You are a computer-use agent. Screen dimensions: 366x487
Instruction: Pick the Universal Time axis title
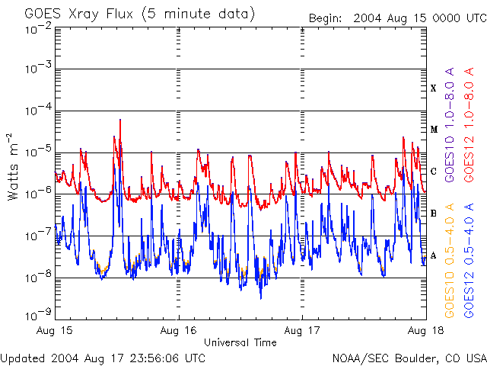pyautogui.click(x=240, y=343)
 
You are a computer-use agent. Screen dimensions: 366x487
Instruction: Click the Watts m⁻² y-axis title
pyautogui.click(x=13, y=167)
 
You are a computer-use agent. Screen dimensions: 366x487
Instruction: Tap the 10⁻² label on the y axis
pyautogui.click(x=37, y=29)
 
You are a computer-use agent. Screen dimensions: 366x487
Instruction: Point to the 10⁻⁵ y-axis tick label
pyautogui.click(x=37, y=151)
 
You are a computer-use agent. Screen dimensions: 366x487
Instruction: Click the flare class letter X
pyautogui.click(x=434, y=88)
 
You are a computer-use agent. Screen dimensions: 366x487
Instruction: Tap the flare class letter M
pyautogui.click(x=434, y=130)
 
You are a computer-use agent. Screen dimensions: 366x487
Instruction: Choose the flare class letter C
pyautogui.click(x=434, y=172)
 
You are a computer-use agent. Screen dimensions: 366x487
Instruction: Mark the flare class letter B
pyautogui.click(x=434, y=213)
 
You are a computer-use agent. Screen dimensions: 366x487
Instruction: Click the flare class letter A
pyautogui.click(x=434, y=255)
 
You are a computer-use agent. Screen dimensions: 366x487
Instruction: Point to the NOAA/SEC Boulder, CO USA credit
pyautogui.click(x=409, y=358)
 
